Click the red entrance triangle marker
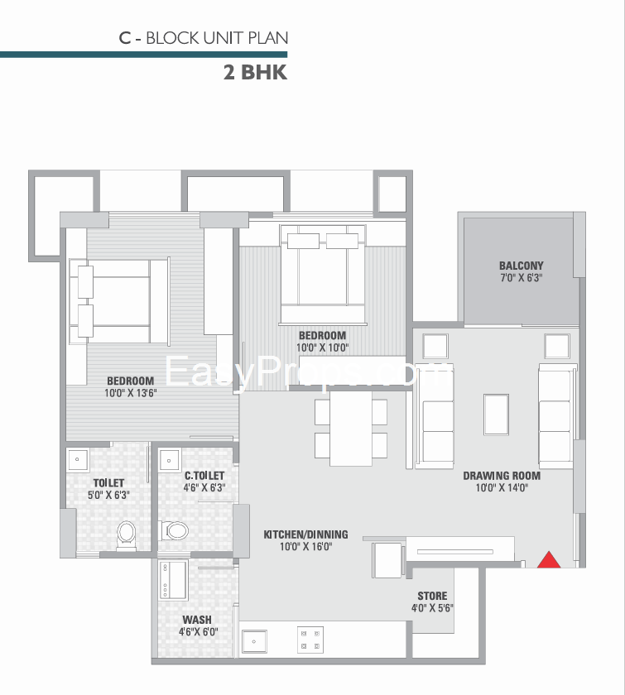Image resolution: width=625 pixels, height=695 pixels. (x=549, y=561)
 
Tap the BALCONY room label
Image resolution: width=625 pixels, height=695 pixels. (x=522, y=266)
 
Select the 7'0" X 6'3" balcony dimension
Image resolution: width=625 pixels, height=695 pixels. (x=522, y=278)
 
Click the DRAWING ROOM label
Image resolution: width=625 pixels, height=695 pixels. (x=502, y=476)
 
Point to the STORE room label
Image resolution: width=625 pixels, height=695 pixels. (x=432, y=597)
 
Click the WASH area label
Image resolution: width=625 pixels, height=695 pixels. (x=197, y=620)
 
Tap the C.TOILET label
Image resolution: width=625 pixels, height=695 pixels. (x=204, y=476)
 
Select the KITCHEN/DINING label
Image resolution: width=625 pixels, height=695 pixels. (x=305, y=534)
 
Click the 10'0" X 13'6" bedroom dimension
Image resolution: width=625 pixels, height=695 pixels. (x=131, y=393)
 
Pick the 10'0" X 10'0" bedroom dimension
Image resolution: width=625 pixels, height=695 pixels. (x=323, y=347)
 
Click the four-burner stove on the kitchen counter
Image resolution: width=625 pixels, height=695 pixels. (x=310, y=640)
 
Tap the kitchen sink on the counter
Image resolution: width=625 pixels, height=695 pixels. (x=254, y=641)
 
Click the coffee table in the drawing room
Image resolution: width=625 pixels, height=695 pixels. (x=497, y=415)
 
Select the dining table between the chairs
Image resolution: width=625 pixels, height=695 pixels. (x=351, y=429)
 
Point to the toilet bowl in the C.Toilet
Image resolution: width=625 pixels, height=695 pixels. (x=175, y=530)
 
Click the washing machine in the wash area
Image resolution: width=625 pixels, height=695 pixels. (x=174, y=580)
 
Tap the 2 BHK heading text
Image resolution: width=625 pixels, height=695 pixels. (x=256, y=72)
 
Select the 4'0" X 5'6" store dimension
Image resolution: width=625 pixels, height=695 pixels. (x=432, y=608)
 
